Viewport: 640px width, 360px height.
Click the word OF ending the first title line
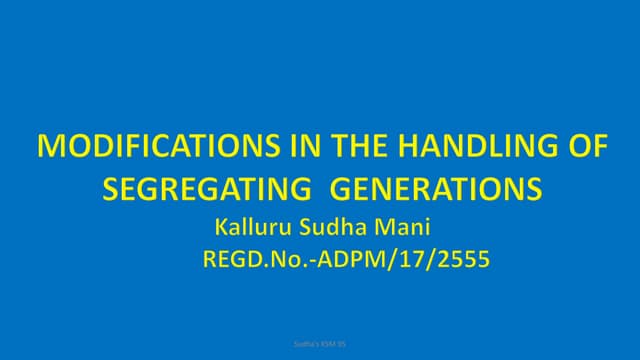584,149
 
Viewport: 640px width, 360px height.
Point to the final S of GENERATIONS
535,188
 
